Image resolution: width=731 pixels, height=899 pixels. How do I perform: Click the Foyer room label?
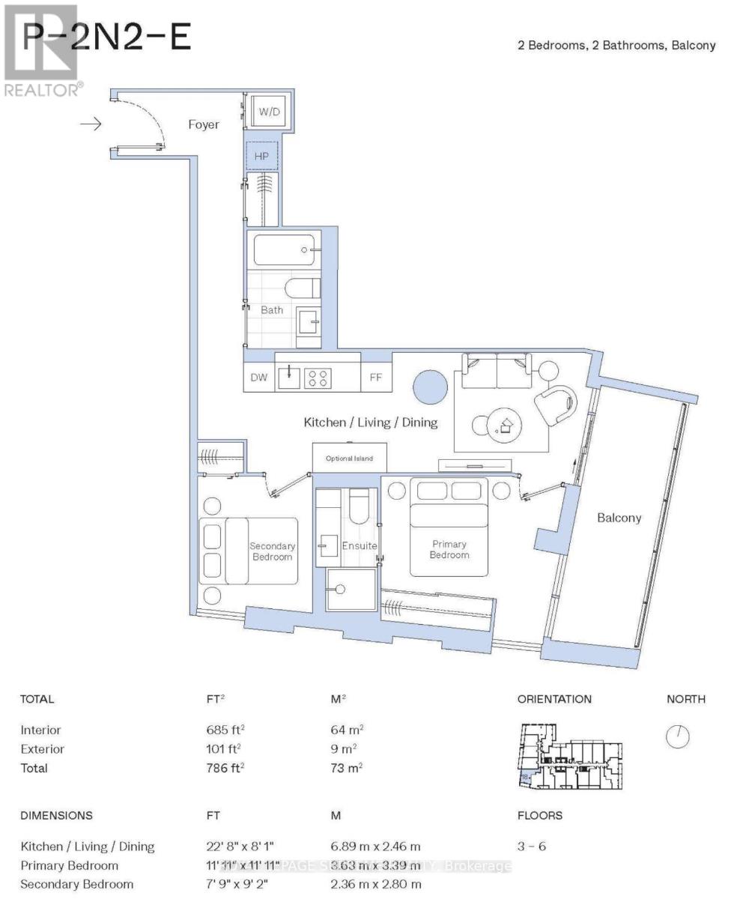pyautogui.click(x=204, y=124)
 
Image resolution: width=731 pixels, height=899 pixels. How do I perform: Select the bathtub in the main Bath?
pyautogui.click(x=284, y=249)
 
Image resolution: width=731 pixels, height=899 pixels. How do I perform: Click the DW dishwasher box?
pyautogui.click(x=258, y=378)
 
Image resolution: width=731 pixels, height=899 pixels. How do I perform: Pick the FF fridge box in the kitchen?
pyautogui.click(x=376, y=378)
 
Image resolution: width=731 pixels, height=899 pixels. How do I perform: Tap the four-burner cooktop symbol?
pyautogui.click(x=318, y=378)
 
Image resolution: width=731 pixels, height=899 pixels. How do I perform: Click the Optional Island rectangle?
pyautogui.click(x=348, y=458)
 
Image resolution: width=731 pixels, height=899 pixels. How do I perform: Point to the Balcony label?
pyautogui.click(x=619, y=518)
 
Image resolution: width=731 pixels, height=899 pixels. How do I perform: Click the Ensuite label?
pyautogui.click(x=360, y=545)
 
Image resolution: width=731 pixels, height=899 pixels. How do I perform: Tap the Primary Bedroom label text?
pyautogui.click(x=449, y=549)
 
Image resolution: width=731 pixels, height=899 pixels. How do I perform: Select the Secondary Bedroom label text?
pyautogui.click(x=273, y=551)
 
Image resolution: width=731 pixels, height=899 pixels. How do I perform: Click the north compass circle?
pyautogui.click(x=677, y=736)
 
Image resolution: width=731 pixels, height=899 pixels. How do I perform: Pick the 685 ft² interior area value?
pyautogui.click(x=218, y=730)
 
